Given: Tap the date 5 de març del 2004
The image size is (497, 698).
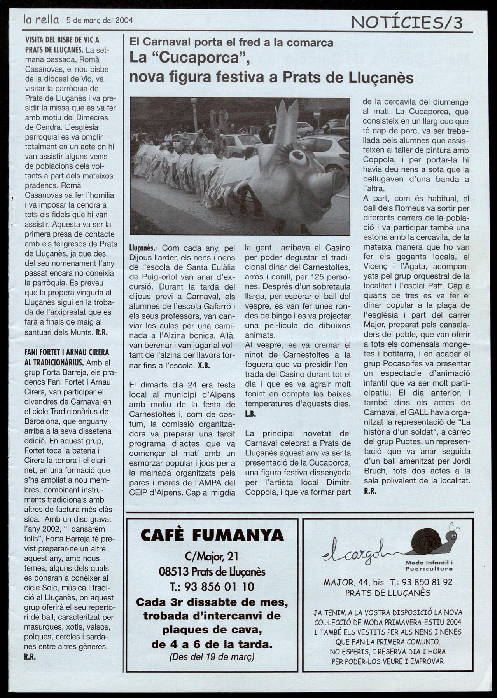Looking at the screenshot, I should tap(99, 20).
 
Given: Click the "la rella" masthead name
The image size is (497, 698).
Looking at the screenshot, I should tap(41, 19).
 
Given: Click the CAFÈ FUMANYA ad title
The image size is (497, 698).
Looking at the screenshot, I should tap(212, 536).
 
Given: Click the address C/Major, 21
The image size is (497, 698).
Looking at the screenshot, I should tap(212, 557).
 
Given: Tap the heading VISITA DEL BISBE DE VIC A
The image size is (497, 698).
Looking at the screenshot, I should tap(62, 40).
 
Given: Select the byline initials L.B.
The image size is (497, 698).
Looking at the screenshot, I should tap(250, 414).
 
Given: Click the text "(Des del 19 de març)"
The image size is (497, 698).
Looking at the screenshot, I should tap(212, 656).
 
